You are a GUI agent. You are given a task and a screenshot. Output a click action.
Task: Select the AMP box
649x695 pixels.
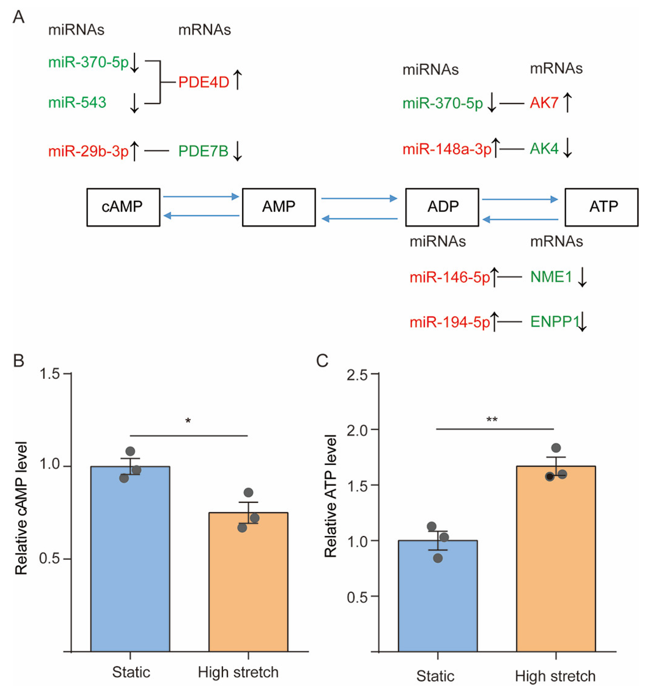(279, 207)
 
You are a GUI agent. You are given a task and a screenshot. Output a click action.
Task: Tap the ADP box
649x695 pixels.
(442, 207)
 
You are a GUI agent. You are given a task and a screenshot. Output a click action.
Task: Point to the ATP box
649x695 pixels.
(602, 207)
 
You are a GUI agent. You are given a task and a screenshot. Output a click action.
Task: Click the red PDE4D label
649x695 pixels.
(204, 83)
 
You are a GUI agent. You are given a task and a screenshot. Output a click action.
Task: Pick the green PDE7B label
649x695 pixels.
(203, 151)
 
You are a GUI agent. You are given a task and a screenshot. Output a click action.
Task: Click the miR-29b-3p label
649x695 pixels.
(88, 151)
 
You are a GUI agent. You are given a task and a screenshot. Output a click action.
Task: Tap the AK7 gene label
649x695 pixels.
(544, 103)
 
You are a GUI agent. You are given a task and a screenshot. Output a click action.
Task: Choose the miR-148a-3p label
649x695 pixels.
(447, 150)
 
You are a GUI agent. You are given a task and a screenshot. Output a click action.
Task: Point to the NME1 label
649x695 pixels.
(551, 277)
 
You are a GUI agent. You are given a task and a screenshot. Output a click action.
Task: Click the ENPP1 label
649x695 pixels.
(554, 322)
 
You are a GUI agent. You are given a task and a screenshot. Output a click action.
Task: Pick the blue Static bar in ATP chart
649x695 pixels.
(438, 601)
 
